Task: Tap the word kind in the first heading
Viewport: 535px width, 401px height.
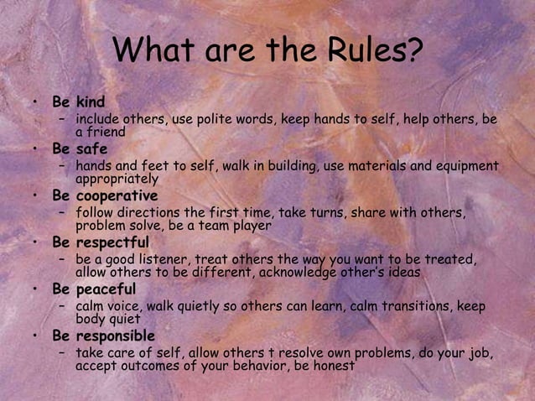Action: tap(91, 102)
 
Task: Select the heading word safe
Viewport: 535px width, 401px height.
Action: tap(92, 149)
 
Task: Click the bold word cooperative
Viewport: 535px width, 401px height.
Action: tap(117, 195)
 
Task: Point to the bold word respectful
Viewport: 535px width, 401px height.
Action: tap(112, 242)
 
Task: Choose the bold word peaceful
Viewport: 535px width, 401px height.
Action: tap(106, 289)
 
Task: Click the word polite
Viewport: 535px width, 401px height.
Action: tap(209, 120)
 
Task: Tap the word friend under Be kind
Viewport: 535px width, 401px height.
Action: tap(106, 132)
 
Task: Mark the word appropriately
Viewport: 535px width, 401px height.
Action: tap(117, 179)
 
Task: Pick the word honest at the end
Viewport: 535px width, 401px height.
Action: tap(333, 366)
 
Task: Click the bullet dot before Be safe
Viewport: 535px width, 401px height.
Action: tap(35, 149)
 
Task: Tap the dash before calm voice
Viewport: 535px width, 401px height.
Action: tap(62, 306)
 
